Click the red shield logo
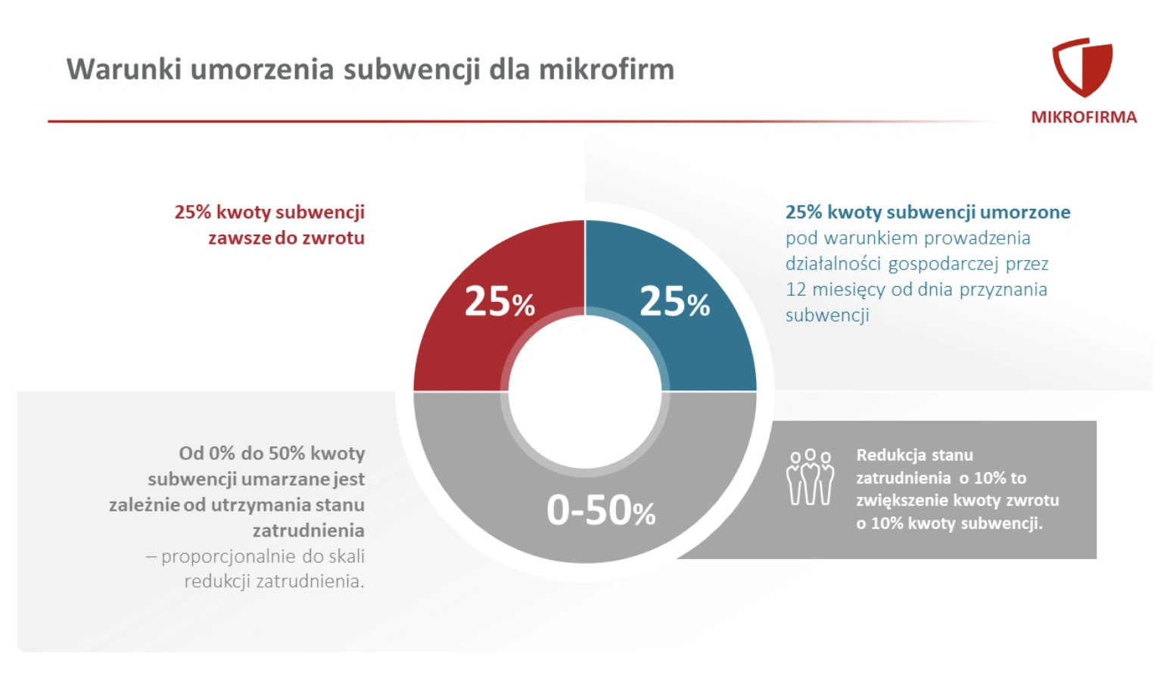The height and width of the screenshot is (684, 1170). click(x=1082, y=67)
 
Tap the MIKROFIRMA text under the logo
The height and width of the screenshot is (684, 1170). click(x=1084, y=117)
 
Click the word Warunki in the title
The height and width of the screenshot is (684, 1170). click(x=123, y=70)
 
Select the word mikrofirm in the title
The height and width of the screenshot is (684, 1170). click(x=606, y=70)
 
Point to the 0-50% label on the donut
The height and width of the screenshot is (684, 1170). click(x=601, y=510)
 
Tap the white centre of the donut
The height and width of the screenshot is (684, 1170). click(x=585, y=391)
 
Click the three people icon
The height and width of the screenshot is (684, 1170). click(x=810, y=477)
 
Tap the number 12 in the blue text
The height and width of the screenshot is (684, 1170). click(x=795, y=290)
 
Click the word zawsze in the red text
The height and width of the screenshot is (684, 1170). click(x=239, y=238)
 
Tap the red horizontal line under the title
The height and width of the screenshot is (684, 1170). click(x=454, y=121)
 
